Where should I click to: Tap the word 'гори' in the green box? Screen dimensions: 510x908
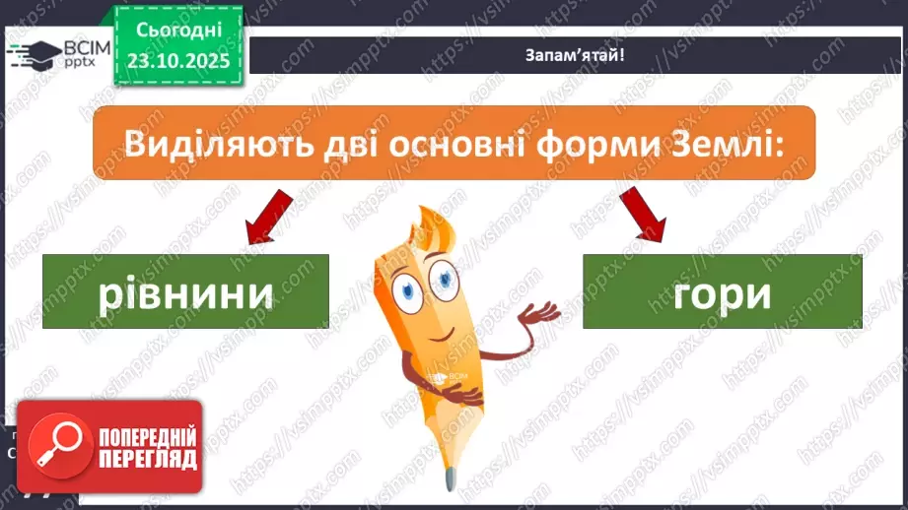[723, 293]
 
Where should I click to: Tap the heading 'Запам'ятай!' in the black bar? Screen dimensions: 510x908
[574, 55]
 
